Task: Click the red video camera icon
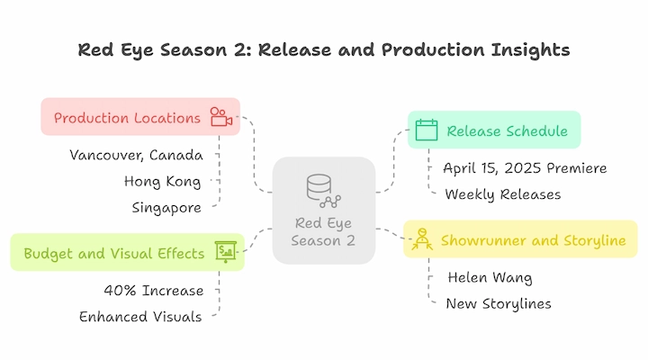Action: pyautogui.click(x=221, y=117)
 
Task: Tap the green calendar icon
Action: pyautogui.click(x=427, y=130)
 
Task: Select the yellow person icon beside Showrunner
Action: pyautogui.click(x=422, y=239)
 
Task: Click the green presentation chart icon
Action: pyautogui.click(x=226, y=252)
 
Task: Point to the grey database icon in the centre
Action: pyautogui.click(x=324, y=191)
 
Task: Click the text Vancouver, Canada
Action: pyautogui.click(x=137, y=156)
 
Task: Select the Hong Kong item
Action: pyautogui.click(x=162, y=182)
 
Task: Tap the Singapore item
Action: pyautogui.click(x=166, y=208)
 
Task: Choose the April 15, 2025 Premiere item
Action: pyautogui.click(x=525, y=168)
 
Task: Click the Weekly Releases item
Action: pyautogui.click(x=503, y=194)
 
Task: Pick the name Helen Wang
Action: pyautogui.click(x=490, y=277)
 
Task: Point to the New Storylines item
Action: pyautogui.click(x=499, y=304)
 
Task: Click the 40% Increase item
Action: pyautogui.click(x=154, y=291)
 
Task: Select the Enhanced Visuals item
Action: pyautogui.click(x=140, y=317)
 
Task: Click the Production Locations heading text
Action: pyautogui.click(x=127, y=118)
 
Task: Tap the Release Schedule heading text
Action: pyautogui.click(x=507, y=131)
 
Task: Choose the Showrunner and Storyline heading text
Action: pyautogui.click(x=533, y=240)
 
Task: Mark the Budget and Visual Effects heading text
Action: pyautogui.click(x=114, y=254)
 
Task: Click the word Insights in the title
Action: pyautogui.click(x=531, y=50)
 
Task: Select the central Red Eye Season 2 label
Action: pyautogui.click(x=323, y=232)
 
